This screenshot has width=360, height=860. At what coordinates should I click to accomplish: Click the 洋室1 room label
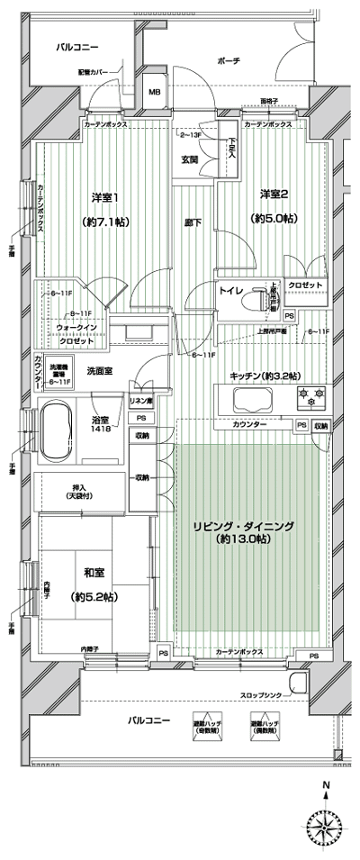point(105,197)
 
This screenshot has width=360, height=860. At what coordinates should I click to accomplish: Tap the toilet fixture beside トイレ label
point(263,296)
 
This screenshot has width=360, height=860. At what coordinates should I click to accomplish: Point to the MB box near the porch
point(154,91)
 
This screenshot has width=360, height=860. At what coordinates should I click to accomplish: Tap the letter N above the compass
point(324,785)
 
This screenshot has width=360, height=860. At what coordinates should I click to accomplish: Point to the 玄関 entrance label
point(189,159)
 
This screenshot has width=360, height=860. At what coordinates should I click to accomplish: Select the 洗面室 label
point(99,370)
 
